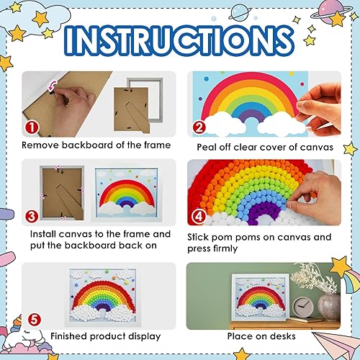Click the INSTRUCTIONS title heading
[180, 38]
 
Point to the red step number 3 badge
[30, 215]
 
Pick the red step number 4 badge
[199, 215]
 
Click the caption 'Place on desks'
[263, 336]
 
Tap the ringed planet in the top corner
[332, 17]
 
